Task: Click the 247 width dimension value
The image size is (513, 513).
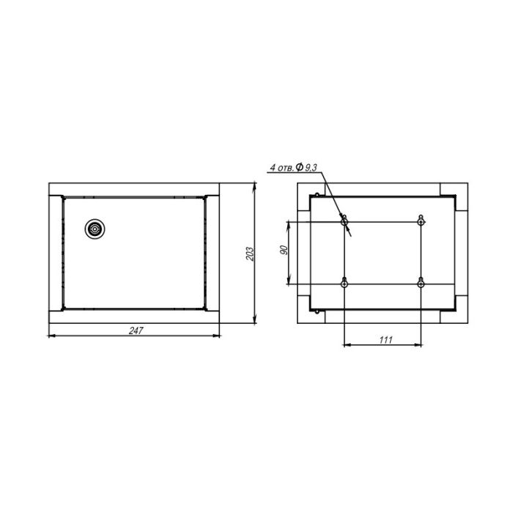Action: point(136,331)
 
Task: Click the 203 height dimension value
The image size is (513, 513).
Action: point(250,254)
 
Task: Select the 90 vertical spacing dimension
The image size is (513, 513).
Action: point(284,250)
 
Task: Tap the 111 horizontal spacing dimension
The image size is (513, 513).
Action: point(385,340)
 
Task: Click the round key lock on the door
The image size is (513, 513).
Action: point(95,229)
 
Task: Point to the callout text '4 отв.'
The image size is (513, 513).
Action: point(281,168)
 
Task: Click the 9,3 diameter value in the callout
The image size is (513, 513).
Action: point(311,168)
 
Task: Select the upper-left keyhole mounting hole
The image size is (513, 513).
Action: point(344,221)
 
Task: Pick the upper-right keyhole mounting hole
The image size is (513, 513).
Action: point(421,221)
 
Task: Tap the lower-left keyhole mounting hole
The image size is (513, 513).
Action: point(344,283)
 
